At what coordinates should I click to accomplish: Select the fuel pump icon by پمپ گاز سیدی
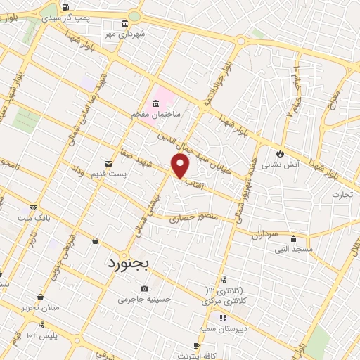[66, 8]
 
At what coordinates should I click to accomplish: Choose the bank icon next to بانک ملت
[33, 208]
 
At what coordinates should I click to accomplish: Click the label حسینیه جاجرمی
[145, 299]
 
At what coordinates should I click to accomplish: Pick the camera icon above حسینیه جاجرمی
[144, 288]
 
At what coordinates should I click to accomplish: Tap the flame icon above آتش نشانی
[280, 153]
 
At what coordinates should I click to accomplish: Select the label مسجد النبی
[293, 249]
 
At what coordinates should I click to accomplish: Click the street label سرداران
[266, 234]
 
